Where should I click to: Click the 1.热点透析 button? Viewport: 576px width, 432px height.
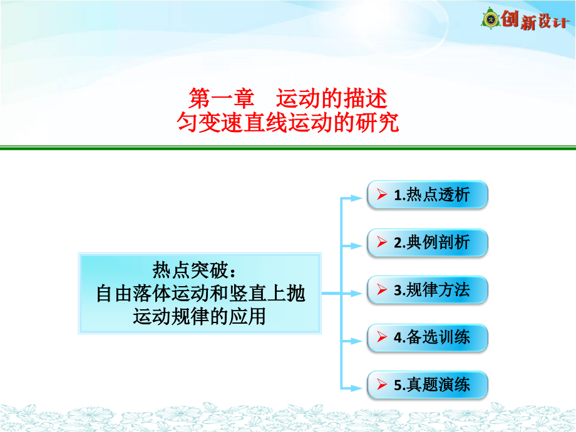(x=427, y=195)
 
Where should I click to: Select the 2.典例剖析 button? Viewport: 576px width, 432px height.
(x=427, y=242)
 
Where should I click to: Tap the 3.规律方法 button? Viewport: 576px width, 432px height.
(x=427, y=290)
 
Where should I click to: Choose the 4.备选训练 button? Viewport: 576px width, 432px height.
(x=427, y=337)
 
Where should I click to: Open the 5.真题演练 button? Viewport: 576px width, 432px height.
(x=427, y=385)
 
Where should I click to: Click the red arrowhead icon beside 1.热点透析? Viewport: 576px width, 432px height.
(x=382, y=194)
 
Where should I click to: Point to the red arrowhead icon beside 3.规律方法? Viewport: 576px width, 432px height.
(x=382, y=289)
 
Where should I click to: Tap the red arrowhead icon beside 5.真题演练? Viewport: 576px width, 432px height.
(x=382, y=384)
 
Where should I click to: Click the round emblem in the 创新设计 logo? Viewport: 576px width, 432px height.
(x=490, y=18)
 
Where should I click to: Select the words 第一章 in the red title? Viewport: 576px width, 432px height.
(x=221, y=98)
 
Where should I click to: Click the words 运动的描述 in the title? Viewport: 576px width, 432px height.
(x=332, y=98)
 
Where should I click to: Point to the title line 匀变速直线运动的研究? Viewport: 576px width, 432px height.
(x=288, y=122)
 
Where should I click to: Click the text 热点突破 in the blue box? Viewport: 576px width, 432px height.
(x=190, y=270)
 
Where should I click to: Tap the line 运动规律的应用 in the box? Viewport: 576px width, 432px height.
(x=199, y=316)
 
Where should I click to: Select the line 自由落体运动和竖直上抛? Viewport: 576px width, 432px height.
(x=200, y=294)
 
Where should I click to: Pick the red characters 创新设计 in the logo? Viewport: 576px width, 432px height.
(x=535, y=20)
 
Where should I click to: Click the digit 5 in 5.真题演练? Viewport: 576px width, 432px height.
(x=398, y=385)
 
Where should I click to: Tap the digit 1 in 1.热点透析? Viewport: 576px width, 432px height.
(x=398, y=195)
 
